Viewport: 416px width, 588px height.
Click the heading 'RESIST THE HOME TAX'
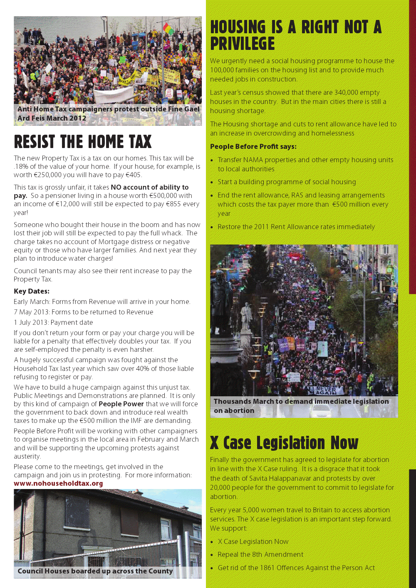point(83,142)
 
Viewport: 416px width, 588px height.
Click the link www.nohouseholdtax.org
point(58,484)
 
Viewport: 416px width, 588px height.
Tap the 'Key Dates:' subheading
point(32,291)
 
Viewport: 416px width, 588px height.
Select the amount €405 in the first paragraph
point(134,175)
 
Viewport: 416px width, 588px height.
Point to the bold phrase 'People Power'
point(121,404)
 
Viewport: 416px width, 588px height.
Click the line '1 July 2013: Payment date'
point(53,323)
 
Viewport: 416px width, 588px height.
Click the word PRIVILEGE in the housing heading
point(243,44)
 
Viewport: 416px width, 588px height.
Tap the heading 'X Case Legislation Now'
point(284,443)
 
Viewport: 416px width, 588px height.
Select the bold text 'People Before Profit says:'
point(253,146)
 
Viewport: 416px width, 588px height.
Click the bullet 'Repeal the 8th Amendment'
point(260,555)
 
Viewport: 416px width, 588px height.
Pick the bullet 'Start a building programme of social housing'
point(287,182)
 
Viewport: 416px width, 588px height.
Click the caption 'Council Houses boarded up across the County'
point(95,571)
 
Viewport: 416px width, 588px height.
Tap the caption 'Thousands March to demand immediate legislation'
point(301,402)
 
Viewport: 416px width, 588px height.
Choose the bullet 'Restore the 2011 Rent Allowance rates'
point(296,227)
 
